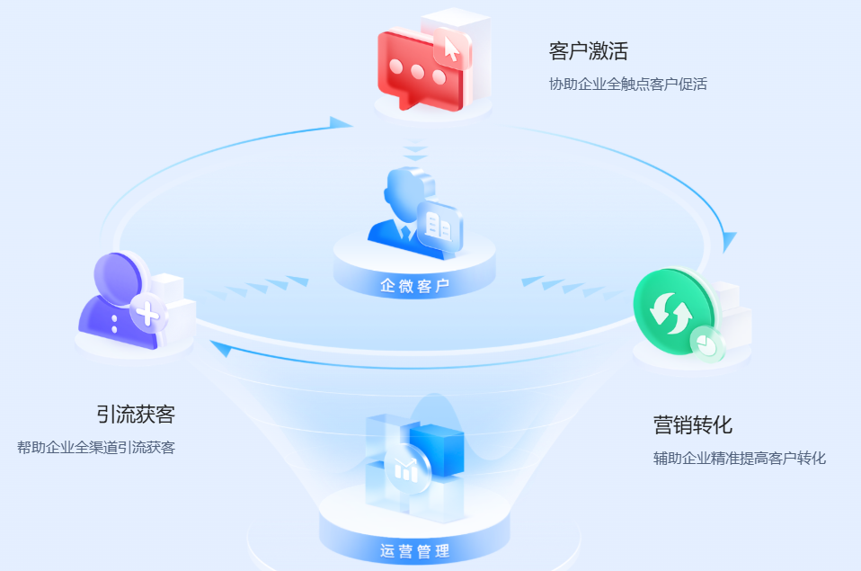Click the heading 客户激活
click(588, 50)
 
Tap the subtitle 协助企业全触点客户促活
click(628, 85)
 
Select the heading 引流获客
click(136, 415)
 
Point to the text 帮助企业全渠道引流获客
click(96, 447)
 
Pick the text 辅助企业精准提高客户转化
click(739, 459)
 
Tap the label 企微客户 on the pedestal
click(414, 286)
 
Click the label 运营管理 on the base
click(414, 550)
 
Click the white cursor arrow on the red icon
click(451, 49)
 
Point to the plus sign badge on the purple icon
click(149, 314)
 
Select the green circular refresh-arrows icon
click(673, 309)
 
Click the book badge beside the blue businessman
click(439, 225)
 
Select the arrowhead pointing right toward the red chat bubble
click(341, 122)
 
